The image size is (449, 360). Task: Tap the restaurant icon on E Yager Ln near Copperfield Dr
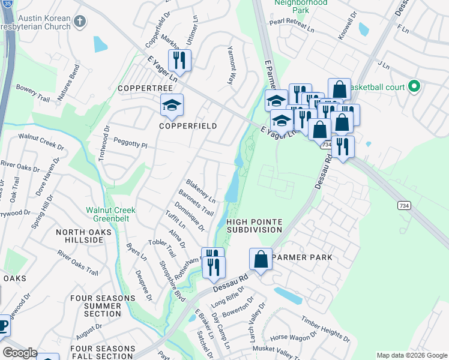tap(179, 60)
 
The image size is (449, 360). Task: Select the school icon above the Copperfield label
tap(172, 106)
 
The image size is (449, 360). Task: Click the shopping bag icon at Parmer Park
tap(261, 260)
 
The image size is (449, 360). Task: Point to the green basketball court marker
tap(413, 87)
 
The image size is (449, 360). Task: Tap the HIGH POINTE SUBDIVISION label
tap(254, 226)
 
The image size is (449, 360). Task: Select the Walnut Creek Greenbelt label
tap(110, 214)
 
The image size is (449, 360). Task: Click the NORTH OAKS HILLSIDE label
tap(80, 236)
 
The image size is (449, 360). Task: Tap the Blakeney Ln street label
tap(200, 190)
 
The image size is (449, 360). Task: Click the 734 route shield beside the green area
tap(404, 205)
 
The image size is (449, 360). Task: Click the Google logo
tap(20, 353)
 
